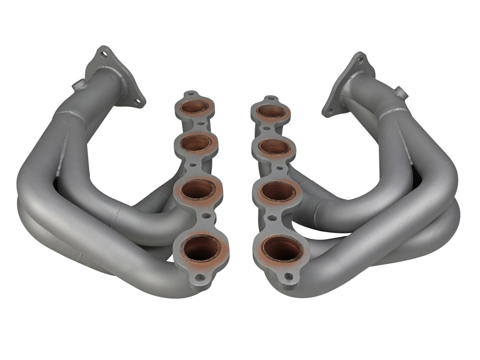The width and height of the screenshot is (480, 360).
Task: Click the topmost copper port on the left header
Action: tap(195, 107)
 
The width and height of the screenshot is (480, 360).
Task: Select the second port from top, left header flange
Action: tap(197, 143)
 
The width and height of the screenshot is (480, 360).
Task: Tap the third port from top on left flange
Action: tap(198, 189)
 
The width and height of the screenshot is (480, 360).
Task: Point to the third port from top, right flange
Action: tap(277, 192)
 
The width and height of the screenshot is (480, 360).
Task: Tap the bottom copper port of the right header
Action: tap(281, 249)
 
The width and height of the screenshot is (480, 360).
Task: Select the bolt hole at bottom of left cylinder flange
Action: tap(200, 278)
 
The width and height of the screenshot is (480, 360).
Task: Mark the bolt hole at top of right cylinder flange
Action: tap(271, 99)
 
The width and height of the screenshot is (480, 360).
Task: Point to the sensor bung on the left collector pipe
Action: tap(78, 85)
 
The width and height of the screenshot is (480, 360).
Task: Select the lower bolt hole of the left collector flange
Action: tap(138, 102)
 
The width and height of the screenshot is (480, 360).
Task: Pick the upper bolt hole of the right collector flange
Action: tap(360, 60)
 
